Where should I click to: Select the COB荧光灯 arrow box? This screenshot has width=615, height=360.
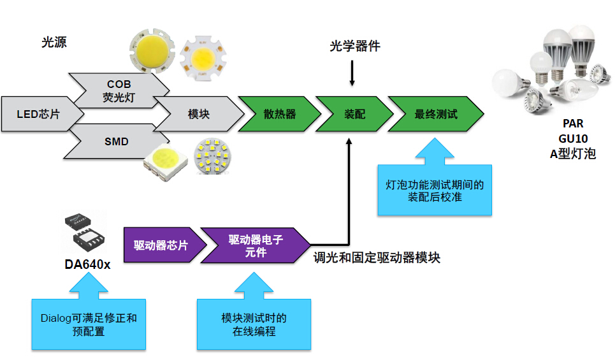[x=119, y=90]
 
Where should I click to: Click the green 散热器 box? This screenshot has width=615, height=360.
[x=279, y=115]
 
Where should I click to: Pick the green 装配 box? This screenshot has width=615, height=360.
[x=354, y=115]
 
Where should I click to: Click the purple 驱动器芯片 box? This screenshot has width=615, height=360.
[x=161, y=245]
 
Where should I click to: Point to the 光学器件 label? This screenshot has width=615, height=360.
[x=354, y=47]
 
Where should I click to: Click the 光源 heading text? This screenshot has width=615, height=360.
[x=54, y=43]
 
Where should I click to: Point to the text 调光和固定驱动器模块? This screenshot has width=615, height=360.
[x=377, y=258]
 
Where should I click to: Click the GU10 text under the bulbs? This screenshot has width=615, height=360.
[x=573, y=139]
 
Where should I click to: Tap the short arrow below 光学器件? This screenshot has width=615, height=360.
[x=351, y=75]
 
